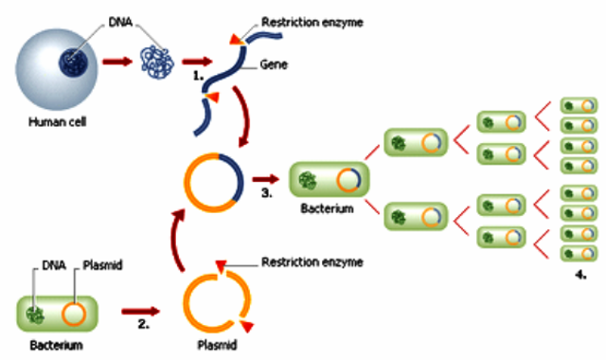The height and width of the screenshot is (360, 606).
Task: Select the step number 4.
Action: tap(579, 276)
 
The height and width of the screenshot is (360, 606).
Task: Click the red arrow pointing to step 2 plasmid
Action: tap(140, 310)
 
